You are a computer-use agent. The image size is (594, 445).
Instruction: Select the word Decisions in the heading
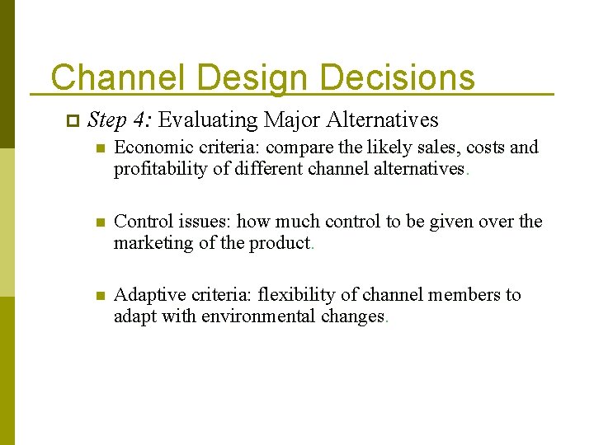[397, 77]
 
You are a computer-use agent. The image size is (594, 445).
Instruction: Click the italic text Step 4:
[119, 120]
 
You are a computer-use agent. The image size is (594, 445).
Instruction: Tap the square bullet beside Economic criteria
[100, 149]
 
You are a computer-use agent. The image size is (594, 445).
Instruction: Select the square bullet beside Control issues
[100, 222]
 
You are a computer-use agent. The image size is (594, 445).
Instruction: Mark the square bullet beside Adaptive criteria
[100, 296]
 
